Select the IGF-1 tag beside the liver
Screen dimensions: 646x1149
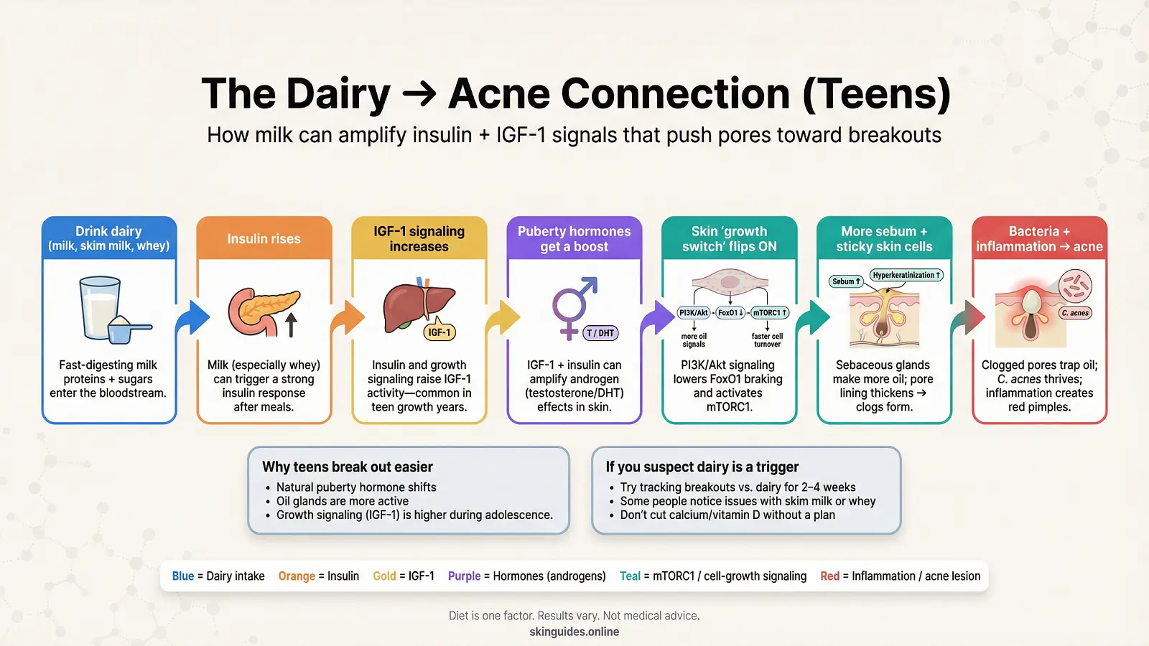(x=439, y=332)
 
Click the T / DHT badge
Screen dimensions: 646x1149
(x=600, y=333)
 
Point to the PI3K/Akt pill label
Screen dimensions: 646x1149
(x=694, y=313)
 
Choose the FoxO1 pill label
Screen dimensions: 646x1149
(x=730, y=313)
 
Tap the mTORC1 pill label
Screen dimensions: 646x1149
(x=770, y=313)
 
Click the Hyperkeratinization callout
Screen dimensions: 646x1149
(x=906, y=275)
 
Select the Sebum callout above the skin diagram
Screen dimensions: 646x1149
(x=846, y=281)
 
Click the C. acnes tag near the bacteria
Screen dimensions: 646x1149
(x=1075, y=313)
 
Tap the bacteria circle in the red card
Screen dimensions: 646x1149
(x=1075, y=286)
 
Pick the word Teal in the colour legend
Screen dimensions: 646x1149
(x=630, y=576)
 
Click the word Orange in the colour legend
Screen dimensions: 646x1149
(x=297, y=576)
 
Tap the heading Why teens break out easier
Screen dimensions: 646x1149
(x=348, y=467)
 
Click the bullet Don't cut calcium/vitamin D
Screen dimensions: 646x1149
(x=727, y=515)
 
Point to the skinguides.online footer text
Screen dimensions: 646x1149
(x=574, y=632)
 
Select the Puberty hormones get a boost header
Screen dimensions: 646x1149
(x=574, y=239)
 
